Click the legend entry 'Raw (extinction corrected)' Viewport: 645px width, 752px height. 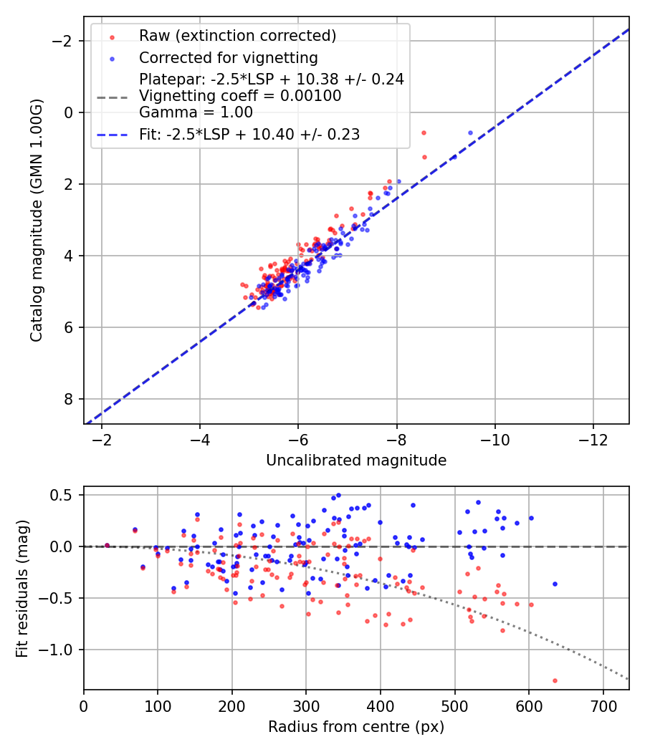237,35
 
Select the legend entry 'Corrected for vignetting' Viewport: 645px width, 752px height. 229,57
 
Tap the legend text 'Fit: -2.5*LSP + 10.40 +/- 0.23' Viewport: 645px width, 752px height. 249,134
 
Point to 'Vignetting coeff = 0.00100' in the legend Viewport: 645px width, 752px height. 240,96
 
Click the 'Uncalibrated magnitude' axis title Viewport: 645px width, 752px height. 356,461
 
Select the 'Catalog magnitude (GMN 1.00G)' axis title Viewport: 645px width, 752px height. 37,220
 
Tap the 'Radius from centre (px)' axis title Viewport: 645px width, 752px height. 356,727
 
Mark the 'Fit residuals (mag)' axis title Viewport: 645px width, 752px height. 22,589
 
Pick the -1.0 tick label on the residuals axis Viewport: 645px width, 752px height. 61,650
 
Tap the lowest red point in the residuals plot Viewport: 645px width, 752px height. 555,680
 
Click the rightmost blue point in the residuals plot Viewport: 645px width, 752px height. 555,584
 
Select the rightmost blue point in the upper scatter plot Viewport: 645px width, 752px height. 470,133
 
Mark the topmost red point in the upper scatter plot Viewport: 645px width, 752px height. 424,133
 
